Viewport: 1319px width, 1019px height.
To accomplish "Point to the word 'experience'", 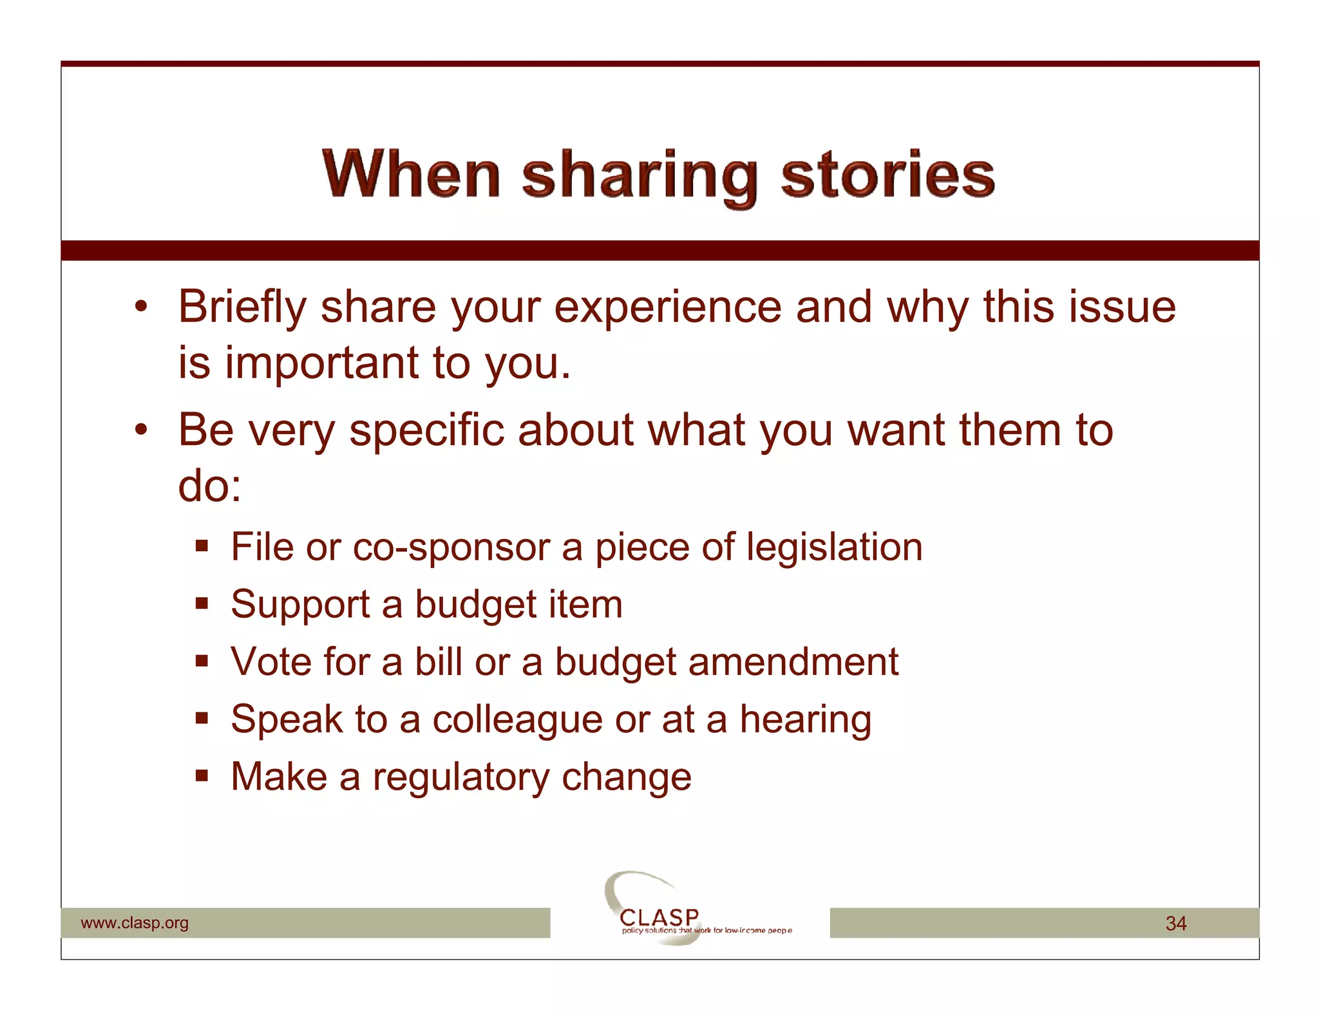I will [x=667, y=308].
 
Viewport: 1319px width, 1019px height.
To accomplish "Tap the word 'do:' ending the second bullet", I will [x=209, y=486].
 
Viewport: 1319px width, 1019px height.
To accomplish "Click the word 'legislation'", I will [x=835, y=548].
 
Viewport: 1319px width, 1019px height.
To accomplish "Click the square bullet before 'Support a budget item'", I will [x=202, y=604].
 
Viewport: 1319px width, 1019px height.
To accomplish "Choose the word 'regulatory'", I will [x=460, y=777].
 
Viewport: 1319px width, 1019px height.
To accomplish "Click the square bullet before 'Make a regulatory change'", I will [x=202, y=775].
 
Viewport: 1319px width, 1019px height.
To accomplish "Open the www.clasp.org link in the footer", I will [x=135, y=923].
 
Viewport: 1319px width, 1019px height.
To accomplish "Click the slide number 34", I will [x=1175, y=924].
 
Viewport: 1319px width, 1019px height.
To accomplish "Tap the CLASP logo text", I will [x=659, y=917].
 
